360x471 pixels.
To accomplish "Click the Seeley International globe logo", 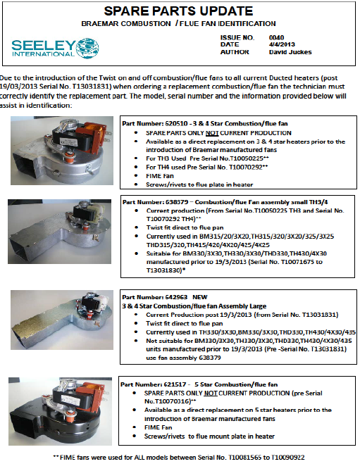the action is (x=87, y=48).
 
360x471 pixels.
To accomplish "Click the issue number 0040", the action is (x=276, y=37).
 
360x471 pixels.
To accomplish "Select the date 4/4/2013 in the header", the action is (x=282, y=44).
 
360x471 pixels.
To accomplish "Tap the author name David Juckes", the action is (x=290, y=52).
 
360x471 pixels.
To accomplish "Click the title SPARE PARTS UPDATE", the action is (x=178, y=11).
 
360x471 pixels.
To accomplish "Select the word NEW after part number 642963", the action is (x=200, y=297).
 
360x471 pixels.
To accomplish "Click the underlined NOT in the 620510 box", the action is (x=212, y=133).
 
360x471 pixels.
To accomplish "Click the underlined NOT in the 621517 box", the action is (x=211, y=393).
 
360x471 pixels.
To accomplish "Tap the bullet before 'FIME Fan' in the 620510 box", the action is (x=136, y=176).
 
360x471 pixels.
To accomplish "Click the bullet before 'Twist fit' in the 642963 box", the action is (x=136, y=323).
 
